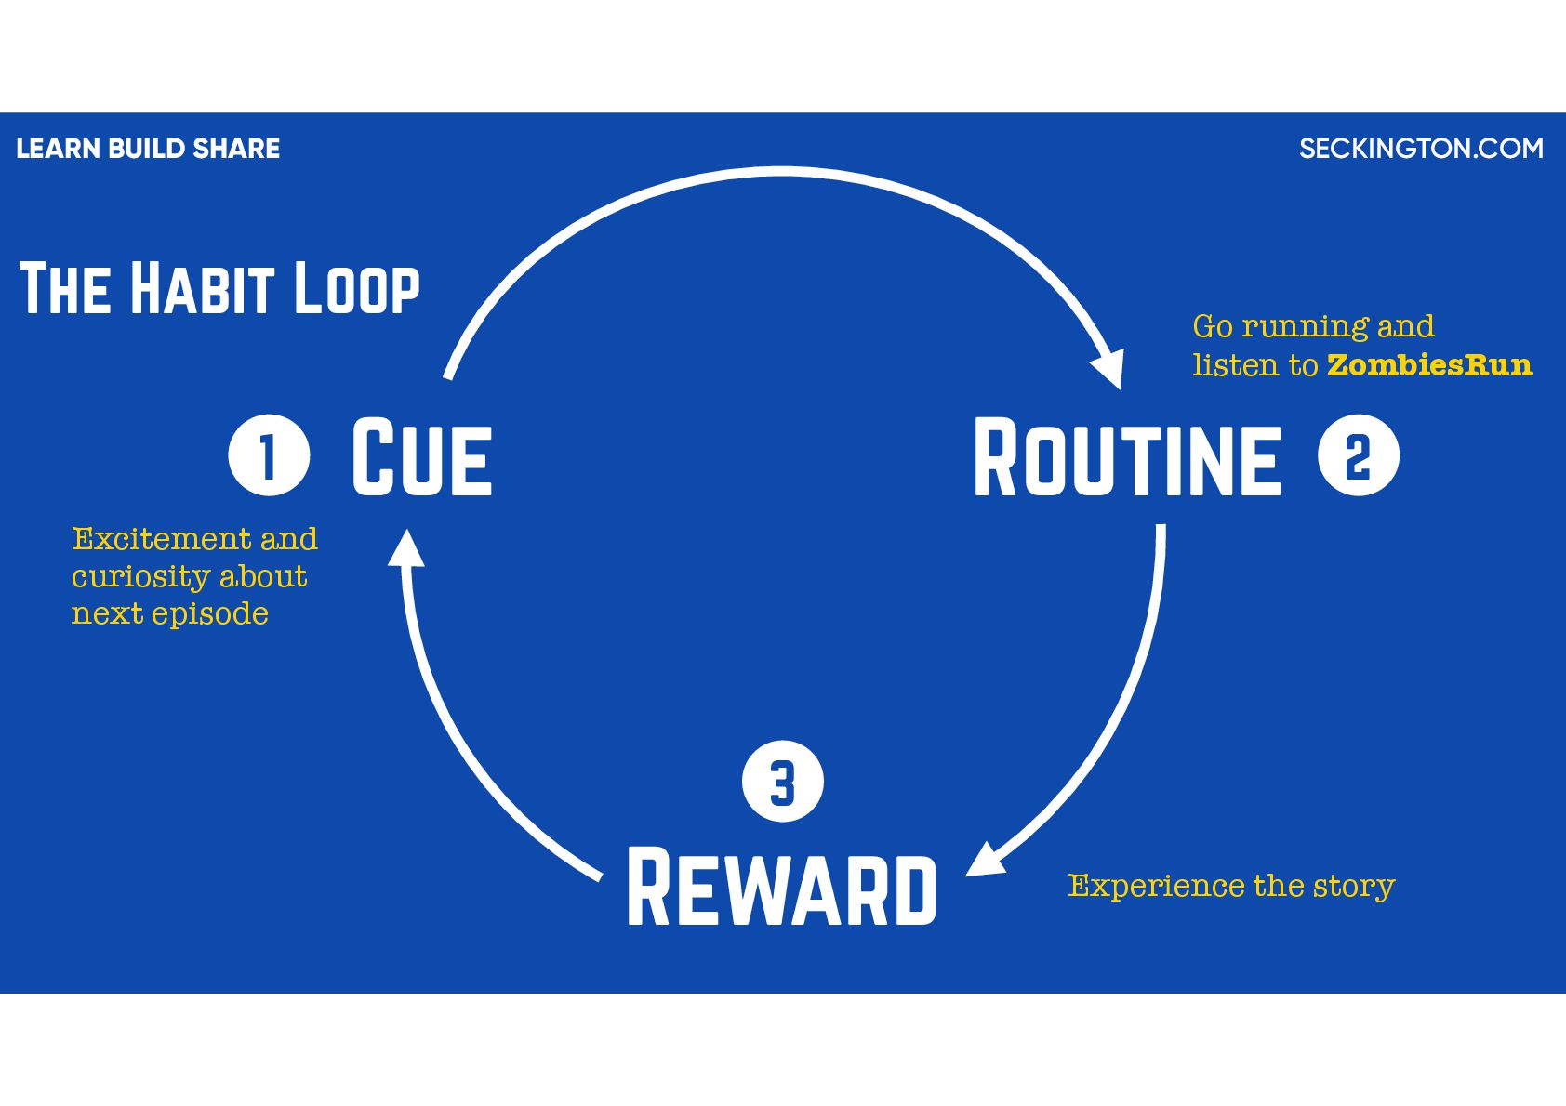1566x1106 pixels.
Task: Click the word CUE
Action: click(x=421, y=457)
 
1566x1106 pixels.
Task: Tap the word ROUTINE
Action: click(x=1127, y=457)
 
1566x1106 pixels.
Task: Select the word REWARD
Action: click(x=782, y=888)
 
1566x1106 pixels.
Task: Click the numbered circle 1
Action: click(x=269, y=455)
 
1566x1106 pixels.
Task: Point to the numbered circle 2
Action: click(x=1359, y=455)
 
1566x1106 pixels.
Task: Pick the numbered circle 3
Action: click(x=783, y=782)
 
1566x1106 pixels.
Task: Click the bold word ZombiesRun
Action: click(x=1429, y=365)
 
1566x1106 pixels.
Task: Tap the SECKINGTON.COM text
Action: click(x=1421, y=149)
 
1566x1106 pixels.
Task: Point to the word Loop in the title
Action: click(x=357, y=290)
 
